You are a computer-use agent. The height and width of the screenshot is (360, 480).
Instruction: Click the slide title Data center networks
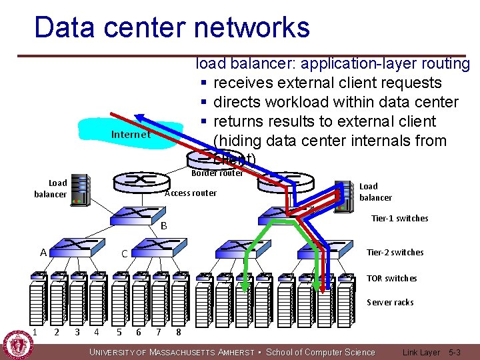coord(171,28)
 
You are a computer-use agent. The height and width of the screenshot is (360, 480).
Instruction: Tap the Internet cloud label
coord(131,135)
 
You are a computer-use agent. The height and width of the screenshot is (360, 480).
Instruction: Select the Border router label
coord(217,173)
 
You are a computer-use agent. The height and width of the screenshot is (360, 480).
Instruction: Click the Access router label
coord(191,193)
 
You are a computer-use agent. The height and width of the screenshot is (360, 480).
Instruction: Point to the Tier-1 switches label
coord(399,219)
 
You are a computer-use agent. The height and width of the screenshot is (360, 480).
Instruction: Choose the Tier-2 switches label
coord(395,252)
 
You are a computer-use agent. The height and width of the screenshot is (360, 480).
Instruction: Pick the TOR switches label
coord(392,278)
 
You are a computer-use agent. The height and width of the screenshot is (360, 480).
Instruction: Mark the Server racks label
coord(390,302)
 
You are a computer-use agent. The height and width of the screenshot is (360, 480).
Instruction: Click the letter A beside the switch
coord(43,253)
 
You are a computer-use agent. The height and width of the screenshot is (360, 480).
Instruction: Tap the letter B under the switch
coord(164,226)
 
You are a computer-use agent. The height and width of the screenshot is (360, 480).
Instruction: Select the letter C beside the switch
coord(124,254)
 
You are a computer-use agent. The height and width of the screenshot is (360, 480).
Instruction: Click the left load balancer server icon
coord(80,189)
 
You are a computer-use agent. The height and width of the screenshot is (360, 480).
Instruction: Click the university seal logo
coord(18,345)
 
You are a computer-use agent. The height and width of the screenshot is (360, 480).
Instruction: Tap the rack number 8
coord(179,332)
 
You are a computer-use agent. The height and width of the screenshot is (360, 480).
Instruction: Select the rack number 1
coord(34,331)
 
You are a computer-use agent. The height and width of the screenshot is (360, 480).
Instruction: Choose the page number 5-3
coord(455,352)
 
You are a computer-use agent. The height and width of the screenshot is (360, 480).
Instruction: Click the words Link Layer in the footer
coord(421,352)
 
